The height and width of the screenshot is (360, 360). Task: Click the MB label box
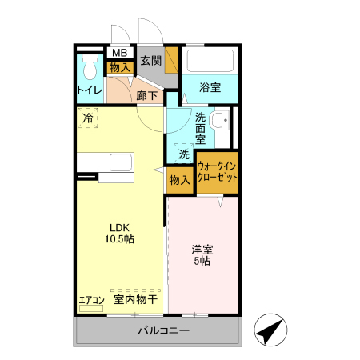(x=119, y=54)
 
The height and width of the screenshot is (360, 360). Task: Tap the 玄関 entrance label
(x=151, y=60)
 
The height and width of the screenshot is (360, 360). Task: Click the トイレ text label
(x=90, y=90)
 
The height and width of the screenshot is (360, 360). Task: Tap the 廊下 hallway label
(x=146, y=96)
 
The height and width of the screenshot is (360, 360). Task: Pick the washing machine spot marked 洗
(x=184, y=154)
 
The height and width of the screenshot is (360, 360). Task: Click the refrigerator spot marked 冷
(x=87, y=118)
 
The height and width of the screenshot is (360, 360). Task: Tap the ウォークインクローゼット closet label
(x=218, y=172)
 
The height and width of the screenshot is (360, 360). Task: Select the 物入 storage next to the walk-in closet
(x=179, y=180)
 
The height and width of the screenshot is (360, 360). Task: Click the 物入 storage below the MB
(x=119, y=68)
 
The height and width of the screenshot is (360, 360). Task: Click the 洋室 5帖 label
(x=202, y=254)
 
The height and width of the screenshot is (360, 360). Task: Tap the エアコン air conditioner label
(x=91, y=301)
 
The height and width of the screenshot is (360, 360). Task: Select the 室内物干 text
(x=134, y=300)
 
